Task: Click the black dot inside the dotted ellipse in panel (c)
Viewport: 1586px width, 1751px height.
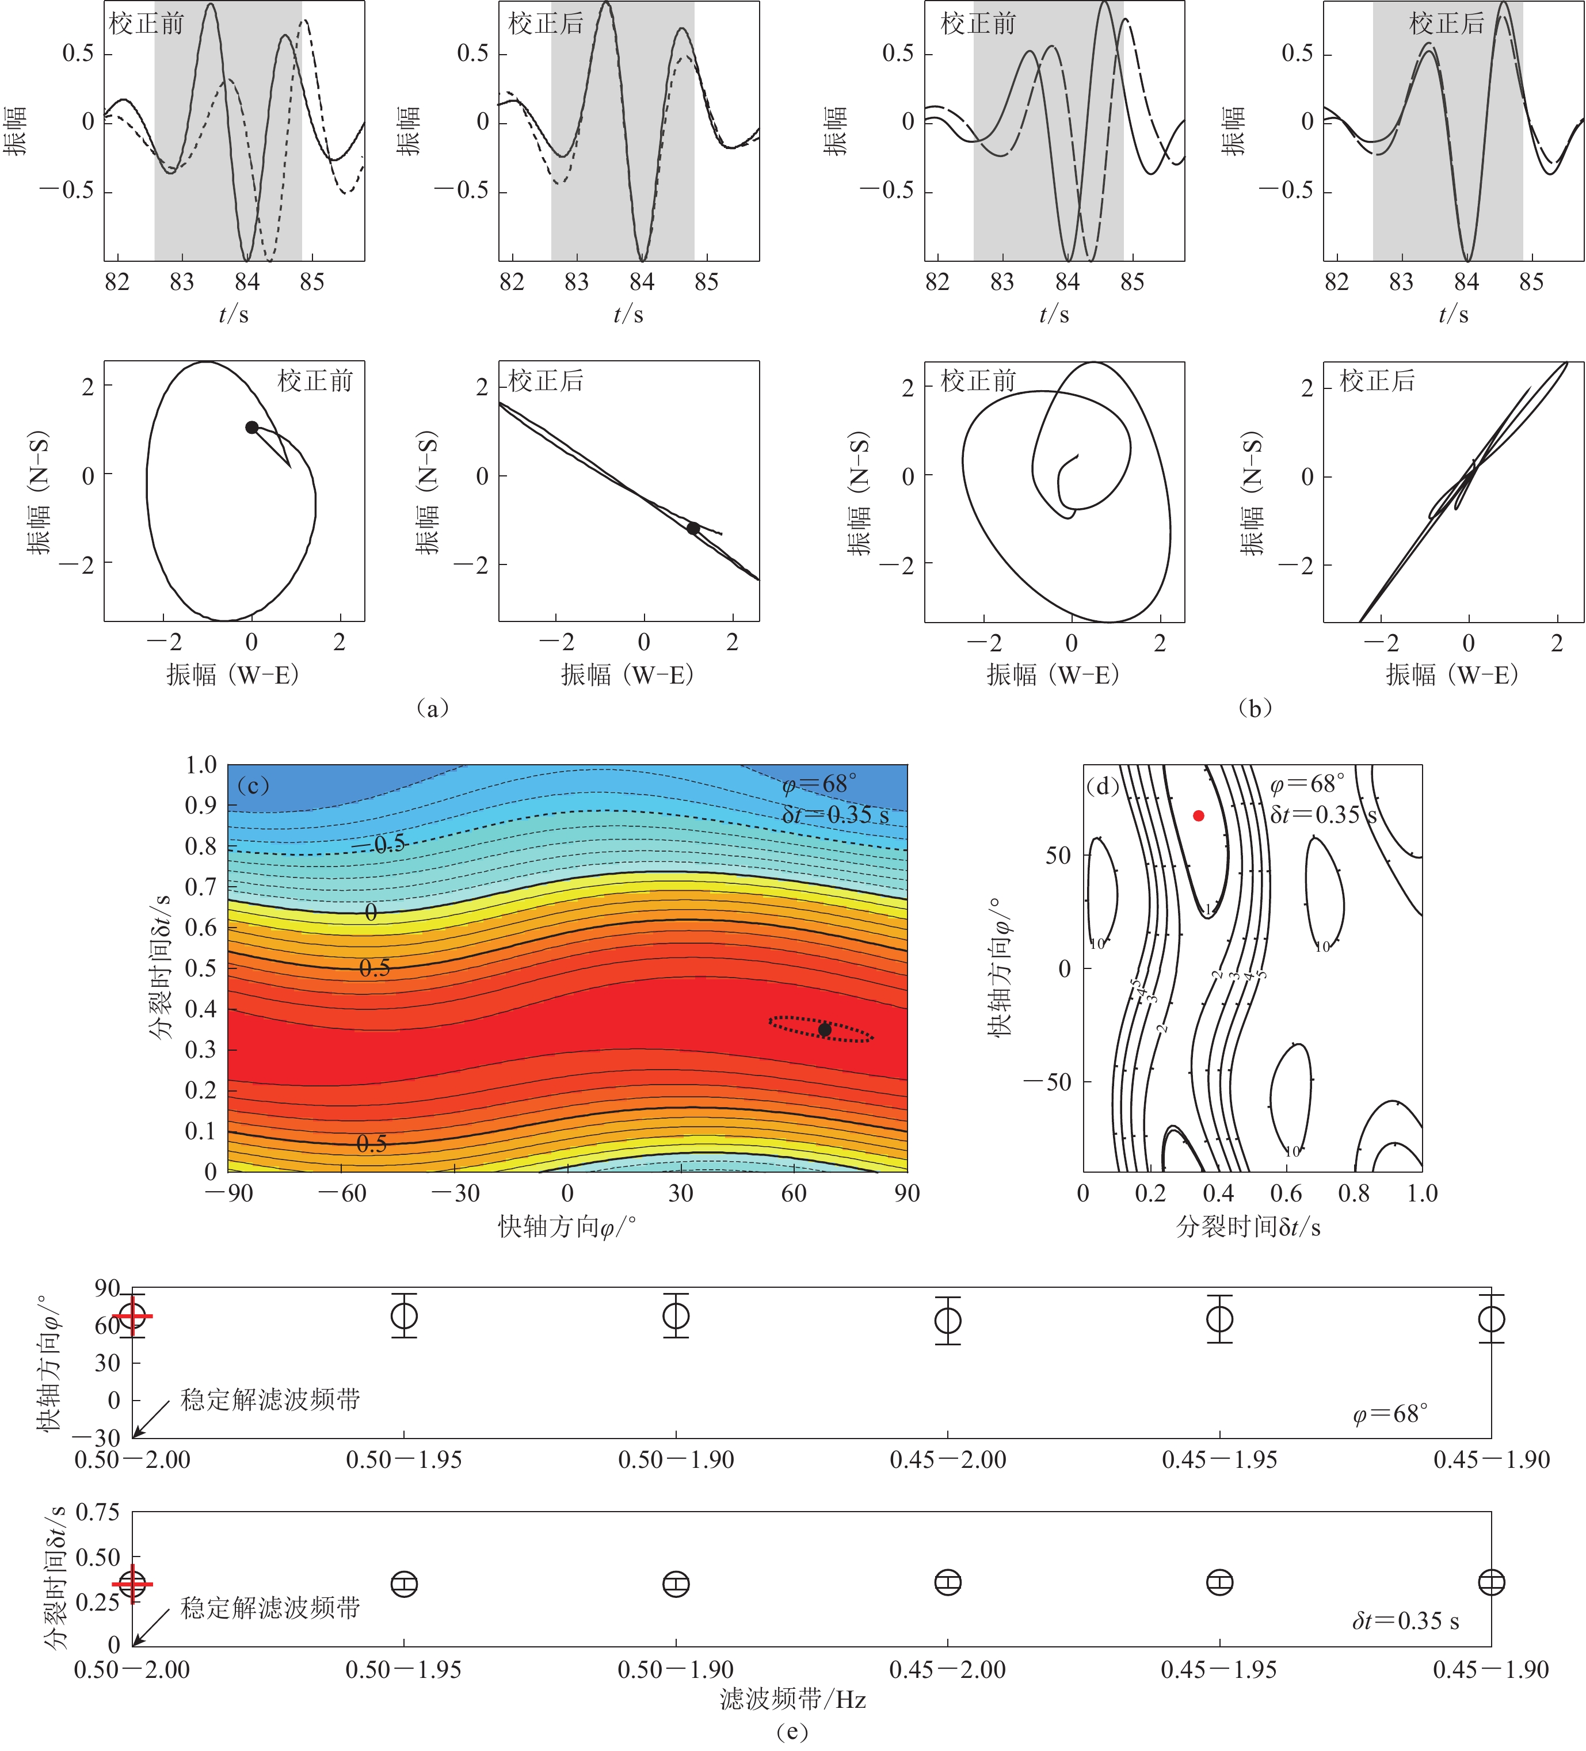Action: [x=824, y=1030]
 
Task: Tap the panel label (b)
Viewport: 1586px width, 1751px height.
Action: [x=1253, y=708]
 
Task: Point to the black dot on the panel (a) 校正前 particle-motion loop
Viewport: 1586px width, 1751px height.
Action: [x=252, y=428]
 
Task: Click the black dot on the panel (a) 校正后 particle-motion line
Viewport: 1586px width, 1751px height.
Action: [x=693, y=528]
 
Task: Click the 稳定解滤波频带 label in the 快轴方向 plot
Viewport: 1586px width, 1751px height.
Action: [x=270, y=1400]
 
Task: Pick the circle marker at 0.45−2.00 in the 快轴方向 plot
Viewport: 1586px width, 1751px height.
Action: [x=948, y=1321]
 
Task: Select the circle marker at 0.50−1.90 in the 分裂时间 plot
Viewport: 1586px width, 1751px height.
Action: [x=676, y=1584]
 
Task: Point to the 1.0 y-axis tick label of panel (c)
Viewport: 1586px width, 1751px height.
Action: [x=201, y=765]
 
